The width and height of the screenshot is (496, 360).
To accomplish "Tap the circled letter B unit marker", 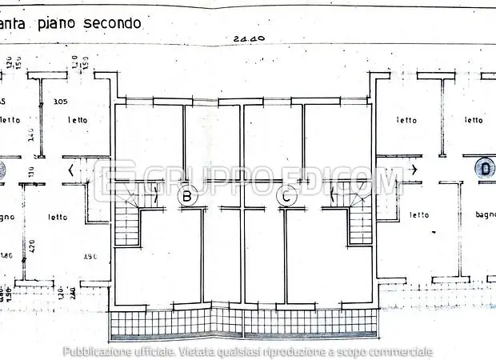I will (188, 194).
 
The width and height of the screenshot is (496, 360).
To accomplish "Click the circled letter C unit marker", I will (286, 194).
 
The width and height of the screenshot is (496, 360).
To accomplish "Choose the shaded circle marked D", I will (484, 168).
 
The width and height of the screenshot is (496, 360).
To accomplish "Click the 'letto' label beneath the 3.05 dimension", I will (78, 120).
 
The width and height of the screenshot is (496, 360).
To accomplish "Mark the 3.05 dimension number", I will (59, 102).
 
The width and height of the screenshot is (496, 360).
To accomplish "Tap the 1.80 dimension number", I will (6, 256).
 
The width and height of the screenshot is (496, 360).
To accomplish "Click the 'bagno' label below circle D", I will (485, 214).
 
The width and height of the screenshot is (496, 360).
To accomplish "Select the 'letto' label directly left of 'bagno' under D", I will (419, 214).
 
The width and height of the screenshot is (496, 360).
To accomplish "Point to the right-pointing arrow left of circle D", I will (413, 169).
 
